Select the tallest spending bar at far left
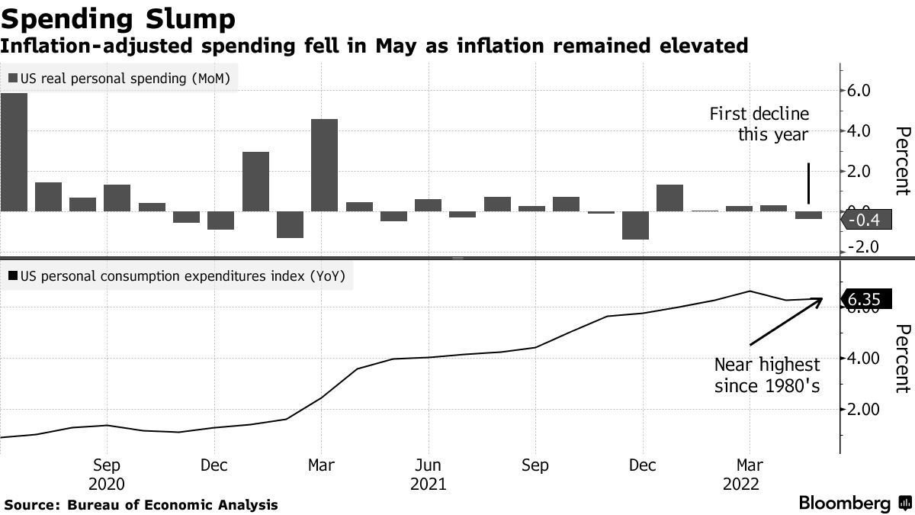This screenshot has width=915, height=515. [x=14, y=152]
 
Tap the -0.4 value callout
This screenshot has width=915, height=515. [x=864, y=221]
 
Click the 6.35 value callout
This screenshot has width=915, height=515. [x=865, y=300]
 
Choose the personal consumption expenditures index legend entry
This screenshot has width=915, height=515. [x=177, y=276]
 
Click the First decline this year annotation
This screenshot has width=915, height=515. [x=759, y=124]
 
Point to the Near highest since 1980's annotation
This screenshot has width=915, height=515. [x=767, y=375]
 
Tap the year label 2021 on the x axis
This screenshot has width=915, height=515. [x=429, y=484]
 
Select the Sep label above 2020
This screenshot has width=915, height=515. [x=106, y=465]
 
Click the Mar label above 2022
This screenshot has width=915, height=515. [x=750, y=465]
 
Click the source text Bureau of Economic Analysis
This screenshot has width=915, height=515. [x=172, y=505]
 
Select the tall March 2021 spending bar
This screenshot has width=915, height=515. [x=324, y=165]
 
